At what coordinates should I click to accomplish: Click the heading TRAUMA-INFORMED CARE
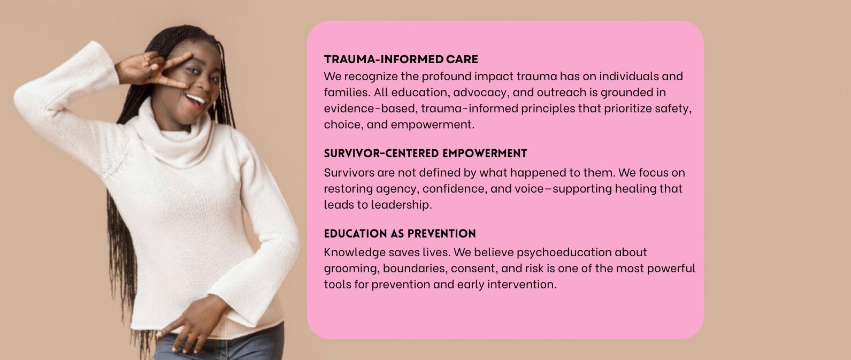(401, 59)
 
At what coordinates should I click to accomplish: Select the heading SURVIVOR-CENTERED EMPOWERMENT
(425, 154)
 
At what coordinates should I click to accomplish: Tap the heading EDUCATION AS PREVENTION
(400, 234)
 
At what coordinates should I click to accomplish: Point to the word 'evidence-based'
(369, 108)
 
